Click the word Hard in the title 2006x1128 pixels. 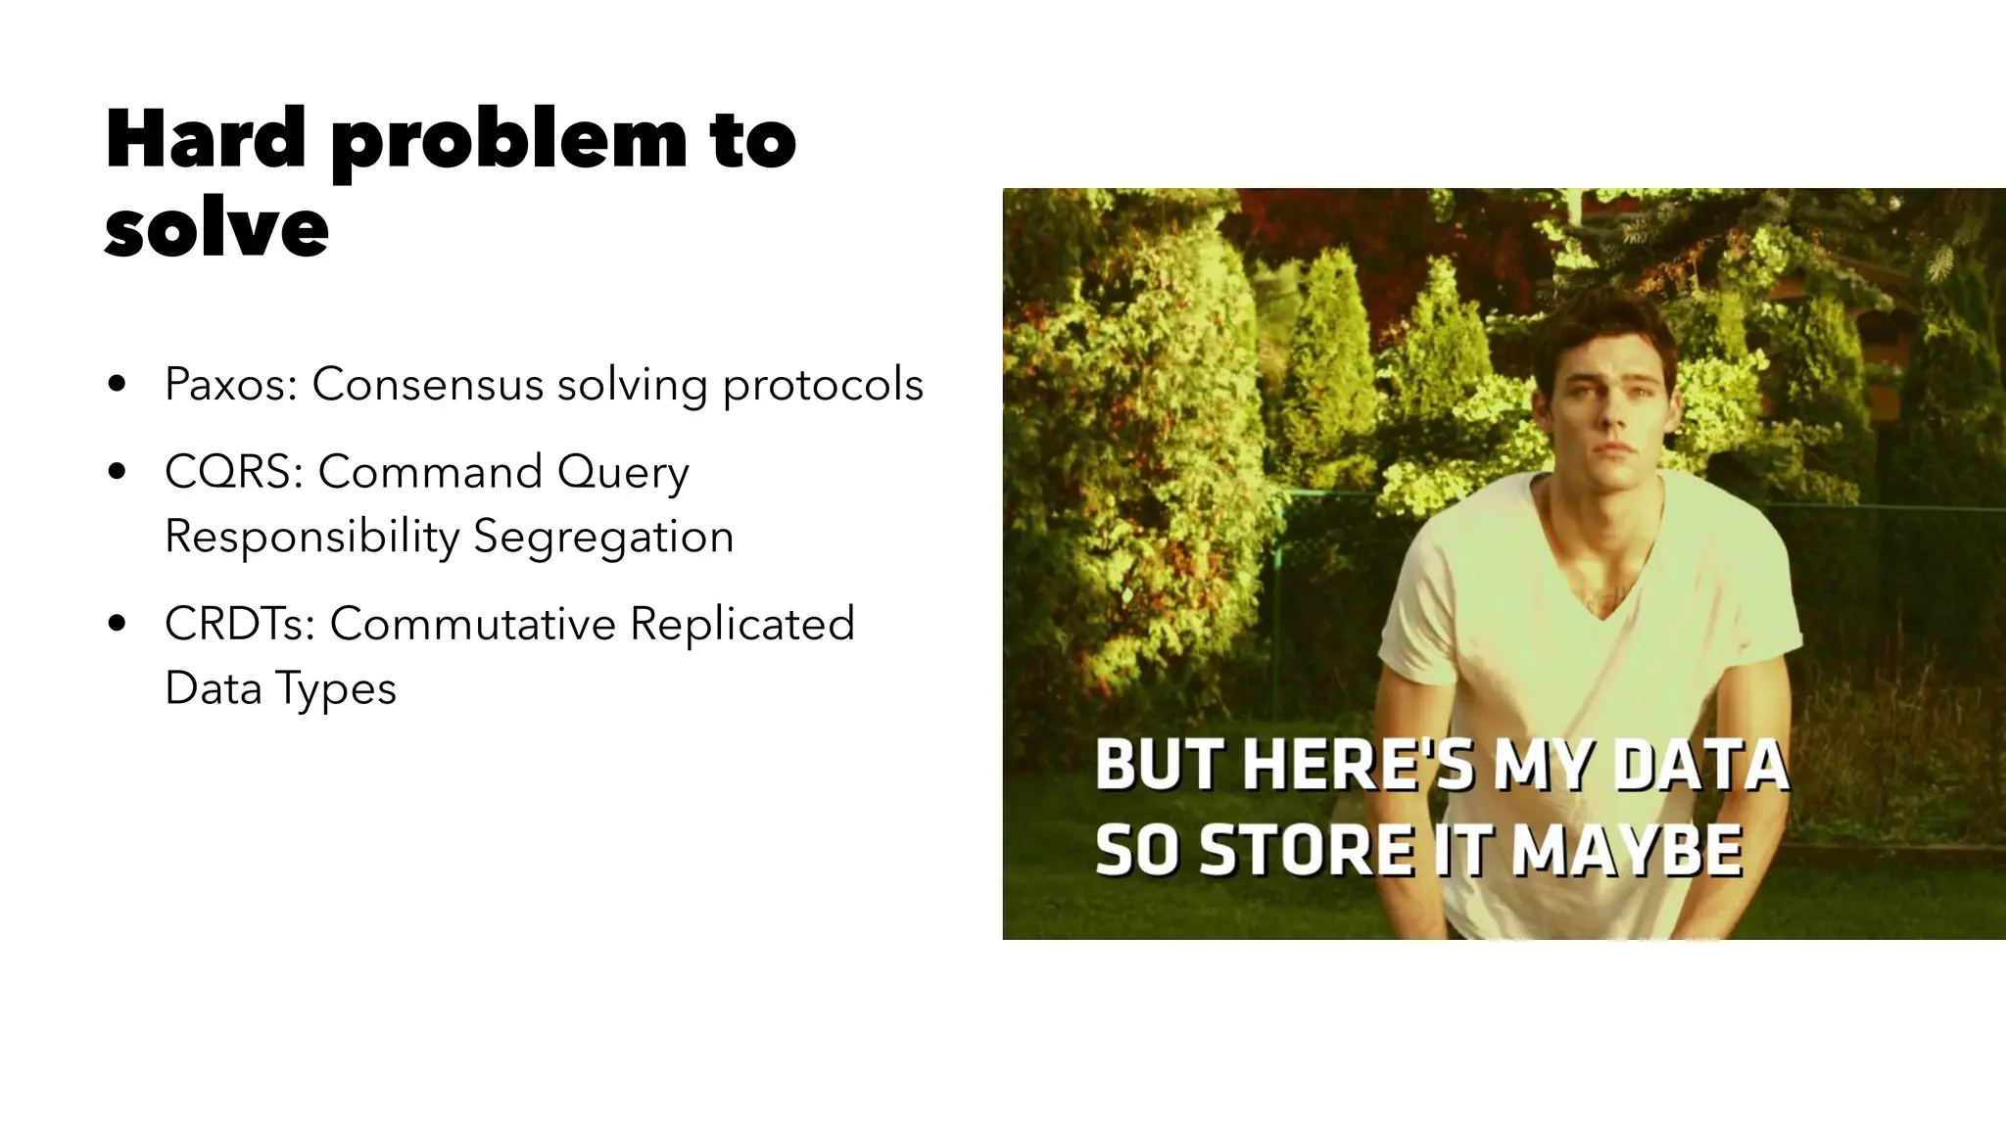point(206,139)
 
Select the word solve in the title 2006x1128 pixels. point(216,228)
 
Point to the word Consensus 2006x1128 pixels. point(427,384)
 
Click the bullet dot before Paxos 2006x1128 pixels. point(118,384)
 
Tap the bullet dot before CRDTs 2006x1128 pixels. point(118,624)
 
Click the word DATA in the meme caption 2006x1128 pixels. point(1700,765)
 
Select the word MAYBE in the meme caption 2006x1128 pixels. point(1627,850)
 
